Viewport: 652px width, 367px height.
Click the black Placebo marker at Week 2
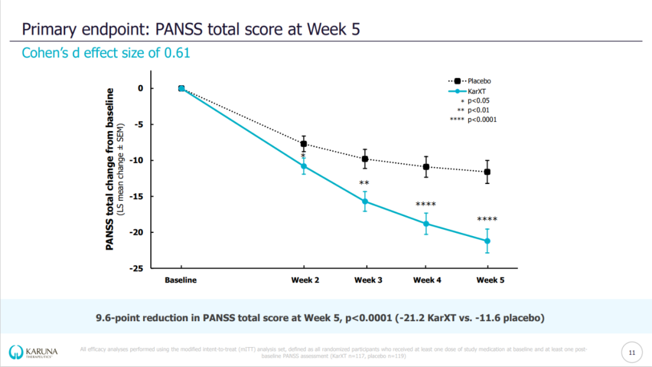304,144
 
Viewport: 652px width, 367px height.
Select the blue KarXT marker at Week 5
487,241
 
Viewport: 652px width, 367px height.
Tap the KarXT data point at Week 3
365,202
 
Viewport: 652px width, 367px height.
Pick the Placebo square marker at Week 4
426,167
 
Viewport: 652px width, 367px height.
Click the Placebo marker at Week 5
487,172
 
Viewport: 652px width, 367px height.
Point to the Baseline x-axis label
181,280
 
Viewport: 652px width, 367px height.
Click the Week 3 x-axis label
368,280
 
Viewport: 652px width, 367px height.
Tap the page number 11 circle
632,353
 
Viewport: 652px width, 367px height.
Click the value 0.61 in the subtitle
177,53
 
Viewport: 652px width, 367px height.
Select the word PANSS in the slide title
179,29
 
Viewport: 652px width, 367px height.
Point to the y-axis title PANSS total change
110,169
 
